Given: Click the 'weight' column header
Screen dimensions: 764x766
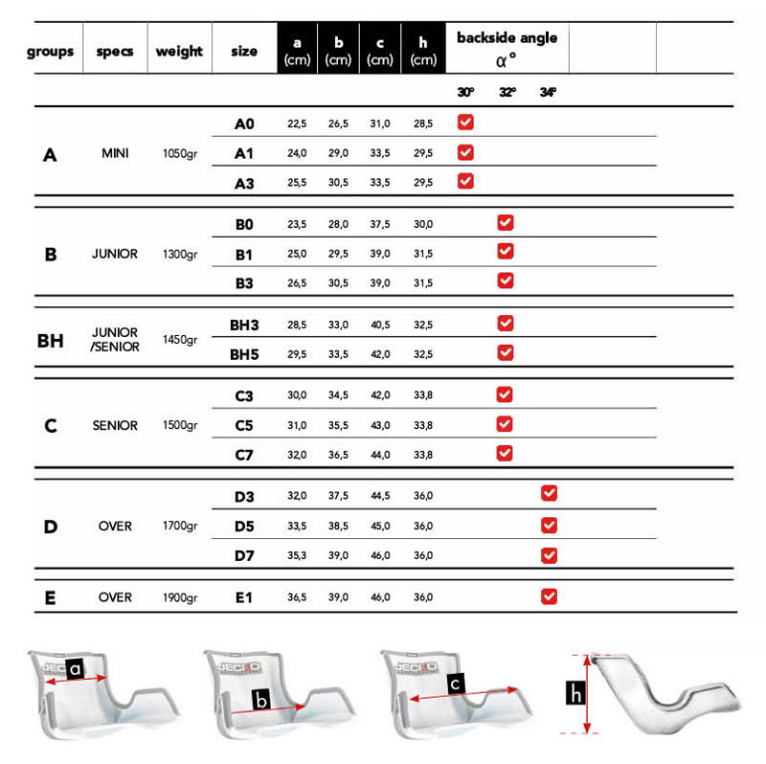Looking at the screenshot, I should click(x=179, y=51).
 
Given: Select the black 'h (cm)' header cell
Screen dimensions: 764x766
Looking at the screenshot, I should click(x=423, y=51).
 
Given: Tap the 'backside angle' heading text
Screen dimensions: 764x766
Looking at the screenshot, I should click(x=507, y=38).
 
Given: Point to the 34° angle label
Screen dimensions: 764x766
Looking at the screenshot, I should click(x=548, y=93).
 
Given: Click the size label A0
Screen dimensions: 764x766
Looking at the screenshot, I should click(x=245, y=124).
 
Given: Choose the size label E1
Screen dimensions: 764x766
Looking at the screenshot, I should click(x=245, y=597).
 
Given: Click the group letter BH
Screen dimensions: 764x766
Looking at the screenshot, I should click(x=50, y=339).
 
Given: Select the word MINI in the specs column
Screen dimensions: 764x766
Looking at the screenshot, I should click(x=115, y=153).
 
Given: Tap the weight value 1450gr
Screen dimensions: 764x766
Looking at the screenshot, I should click(x=180, y=339).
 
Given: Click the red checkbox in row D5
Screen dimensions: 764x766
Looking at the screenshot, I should click(x=549, y=525).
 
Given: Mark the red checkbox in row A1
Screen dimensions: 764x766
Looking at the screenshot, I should click(x=465, y=152).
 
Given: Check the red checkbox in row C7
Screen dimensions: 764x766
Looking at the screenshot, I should click(x=506, y=453).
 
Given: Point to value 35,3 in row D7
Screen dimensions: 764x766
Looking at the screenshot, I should click(x=297, y=555).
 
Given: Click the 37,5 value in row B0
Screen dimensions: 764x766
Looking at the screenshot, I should click(x=380, y=224).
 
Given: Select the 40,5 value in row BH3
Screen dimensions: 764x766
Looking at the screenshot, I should click(x=380, y=325).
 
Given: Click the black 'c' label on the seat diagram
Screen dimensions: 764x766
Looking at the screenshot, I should click(x=457, y=685).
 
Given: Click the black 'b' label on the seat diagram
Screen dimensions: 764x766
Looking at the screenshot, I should click(x=261, y=700).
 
